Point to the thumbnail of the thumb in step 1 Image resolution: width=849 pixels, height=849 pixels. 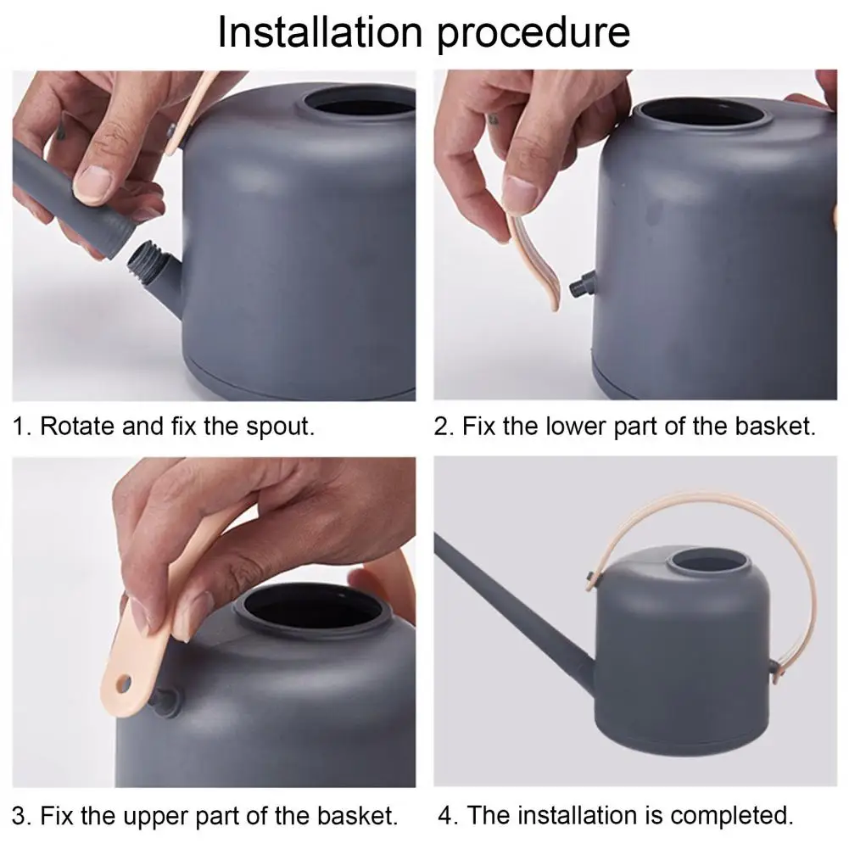[94, 181]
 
